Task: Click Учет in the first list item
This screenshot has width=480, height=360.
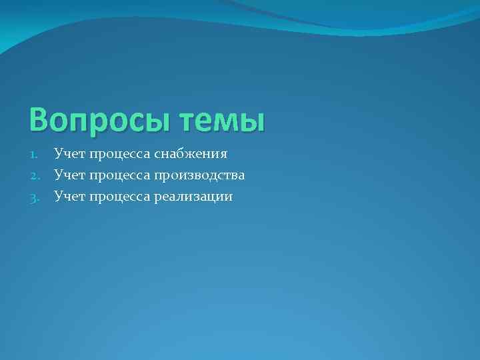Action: click(x=70, y=155)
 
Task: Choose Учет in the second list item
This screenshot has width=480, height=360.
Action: click(x=70, y=176)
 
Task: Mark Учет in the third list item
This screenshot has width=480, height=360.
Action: click(x=70, y=197)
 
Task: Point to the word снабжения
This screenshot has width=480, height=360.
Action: click(x=191, y=155)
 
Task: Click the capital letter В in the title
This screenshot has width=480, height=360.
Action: click(x=40, y=121)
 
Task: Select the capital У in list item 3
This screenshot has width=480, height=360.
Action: click(x=59, y=197)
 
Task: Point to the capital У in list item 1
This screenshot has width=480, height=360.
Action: click(x=59, y=154)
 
